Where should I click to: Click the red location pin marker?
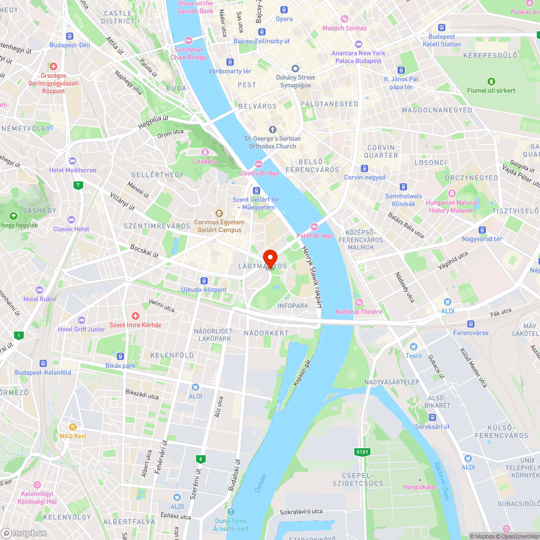pyautogui.click(x=269, y=257)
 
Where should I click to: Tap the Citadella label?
pyautogui.click(x=205, y=161)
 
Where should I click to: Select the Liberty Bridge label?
pyautogui.click(x=259, y=173)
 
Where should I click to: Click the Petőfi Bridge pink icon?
pyautogui.click(x=314, y=227)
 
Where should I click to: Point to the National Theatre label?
pyautogui.click(x=359, y=312)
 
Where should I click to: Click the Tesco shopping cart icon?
pyautogui.click(x=414, y=346)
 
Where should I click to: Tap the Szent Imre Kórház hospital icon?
pyautogui.click(x=136, y=315)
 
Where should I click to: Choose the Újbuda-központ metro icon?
pyautogui.click(x=204, y=280)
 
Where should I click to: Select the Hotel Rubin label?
pyautogui.click(x=39, y=299)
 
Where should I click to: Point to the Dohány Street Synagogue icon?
pyautogui.click(x=295, y=69)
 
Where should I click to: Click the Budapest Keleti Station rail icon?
pyautogui.click(x=442, y=28)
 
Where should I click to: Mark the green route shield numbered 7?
pyautogui.click(x=79, y=186)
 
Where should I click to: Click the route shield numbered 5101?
pyautogui.click(x=362, y=451)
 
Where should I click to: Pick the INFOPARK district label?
pyautogui.click(x=293, y=306)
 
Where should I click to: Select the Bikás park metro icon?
pyautogui.click(x=120, y=356)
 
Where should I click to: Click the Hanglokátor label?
pyautogui.click(x=420, y=487)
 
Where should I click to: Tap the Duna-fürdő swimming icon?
pyautogui.click(x=231, y=512)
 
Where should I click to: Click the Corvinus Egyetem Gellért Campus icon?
pyautogui.click(x=219, y=212)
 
